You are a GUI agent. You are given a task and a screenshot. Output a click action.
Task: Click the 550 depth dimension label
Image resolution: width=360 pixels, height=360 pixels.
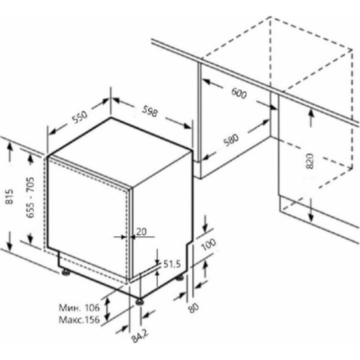tap(80, 117)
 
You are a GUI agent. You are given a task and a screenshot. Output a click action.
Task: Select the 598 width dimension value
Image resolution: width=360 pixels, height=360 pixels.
tap(150, 112)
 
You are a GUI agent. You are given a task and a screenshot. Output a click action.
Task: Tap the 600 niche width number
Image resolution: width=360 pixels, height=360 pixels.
tap(239, 93)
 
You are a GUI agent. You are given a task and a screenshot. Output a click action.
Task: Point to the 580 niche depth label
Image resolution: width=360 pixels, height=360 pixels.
tap(231, 140)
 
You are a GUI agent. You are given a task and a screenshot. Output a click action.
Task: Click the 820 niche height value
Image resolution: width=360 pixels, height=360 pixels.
tap(310, 161)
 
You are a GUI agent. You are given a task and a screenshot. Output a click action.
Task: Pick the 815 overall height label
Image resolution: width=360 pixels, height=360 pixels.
tap(10, 196)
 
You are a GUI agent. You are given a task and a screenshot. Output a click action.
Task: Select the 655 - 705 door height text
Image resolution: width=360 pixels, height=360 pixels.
tap(30, 197)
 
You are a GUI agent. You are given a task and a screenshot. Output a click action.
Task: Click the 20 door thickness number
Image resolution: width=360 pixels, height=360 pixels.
tap(141, 232)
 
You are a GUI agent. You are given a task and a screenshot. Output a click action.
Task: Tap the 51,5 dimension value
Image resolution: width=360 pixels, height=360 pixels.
tap(172, 264)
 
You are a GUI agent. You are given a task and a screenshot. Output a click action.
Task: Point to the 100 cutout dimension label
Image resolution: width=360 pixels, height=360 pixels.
tap(208, 245)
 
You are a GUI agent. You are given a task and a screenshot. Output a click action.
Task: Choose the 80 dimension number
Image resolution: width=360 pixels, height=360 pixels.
tap(194, 308)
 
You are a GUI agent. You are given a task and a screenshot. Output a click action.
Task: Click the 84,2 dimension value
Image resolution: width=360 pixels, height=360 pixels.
tap(140, 336)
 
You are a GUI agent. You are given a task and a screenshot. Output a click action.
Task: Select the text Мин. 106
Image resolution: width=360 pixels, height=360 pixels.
tap(79, 307)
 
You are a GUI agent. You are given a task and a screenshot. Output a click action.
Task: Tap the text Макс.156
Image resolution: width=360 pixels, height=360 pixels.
tap(79, 320)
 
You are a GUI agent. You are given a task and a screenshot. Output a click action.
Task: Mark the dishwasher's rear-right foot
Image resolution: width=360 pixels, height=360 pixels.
tap(180, 278)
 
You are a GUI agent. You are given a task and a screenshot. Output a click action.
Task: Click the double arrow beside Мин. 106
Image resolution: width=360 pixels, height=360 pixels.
tap(108, 308)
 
